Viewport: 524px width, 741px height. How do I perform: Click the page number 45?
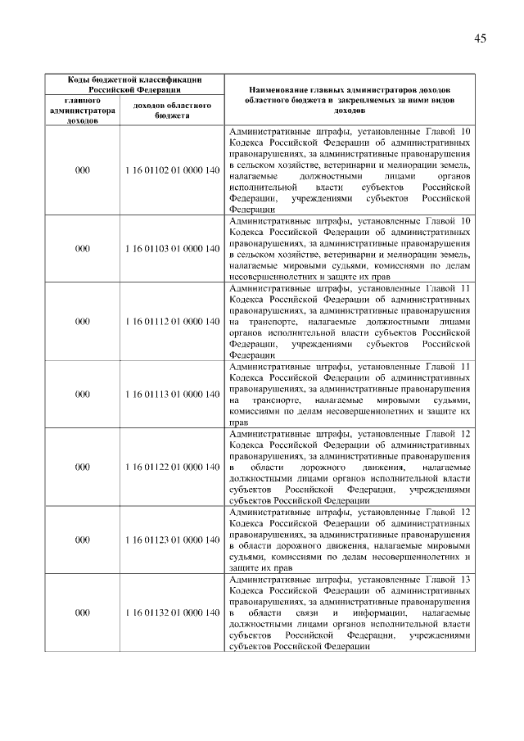[x=480, y=38]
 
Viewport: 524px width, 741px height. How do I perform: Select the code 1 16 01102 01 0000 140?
[x=173, y=169]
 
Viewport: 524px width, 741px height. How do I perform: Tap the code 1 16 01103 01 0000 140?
[x=173, y=248]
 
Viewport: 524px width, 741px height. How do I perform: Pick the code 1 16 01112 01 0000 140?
[x=173, y=322]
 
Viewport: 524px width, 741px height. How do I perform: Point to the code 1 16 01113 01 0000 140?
[x=173, y=394]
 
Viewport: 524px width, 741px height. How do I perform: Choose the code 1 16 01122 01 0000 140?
[x=173, y=467]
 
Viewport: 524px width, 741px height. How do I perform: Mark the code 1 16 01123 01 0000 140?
[x=173, y=540]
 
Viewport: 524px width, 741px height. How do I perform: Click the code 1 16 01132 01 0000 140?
[x=173, y=612]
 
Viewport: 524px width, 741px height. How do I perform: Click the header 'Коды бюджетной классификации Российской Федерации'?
[x=134, y=84]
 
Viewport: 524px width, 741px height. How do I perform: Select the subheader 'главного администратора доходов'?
[x=82, y=111]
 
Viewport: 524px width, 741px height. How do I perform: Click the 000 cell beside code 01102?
[x=82, y=169]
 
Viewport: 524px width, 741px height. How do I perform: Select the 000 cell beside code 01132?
[x=82, y=612]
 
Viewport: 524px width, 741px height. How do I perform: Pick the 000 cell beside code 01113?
[x=82, y=394]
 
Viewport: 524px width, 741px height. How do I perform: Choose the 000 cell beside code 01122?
[x=82, y=467]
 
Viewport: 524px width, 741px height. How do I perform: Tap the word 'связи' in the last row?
[x=310, y=612]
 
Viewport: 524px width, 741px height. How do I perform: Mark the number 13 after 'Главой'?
[x=465, y=581]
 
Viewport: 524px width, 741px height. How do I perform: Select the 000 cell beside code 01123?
[x=82, y=540]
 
